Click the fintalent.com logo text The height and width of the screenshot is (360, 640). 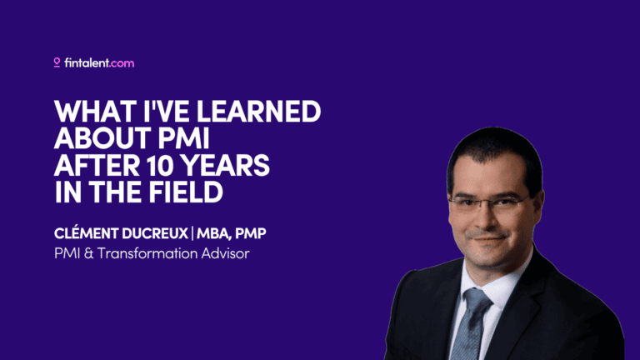pos(99,62)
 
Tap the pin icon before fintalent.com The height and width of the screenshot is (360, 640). pos(57,62)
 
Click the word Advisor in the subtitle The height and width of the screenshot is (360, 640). pos(222,252)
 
